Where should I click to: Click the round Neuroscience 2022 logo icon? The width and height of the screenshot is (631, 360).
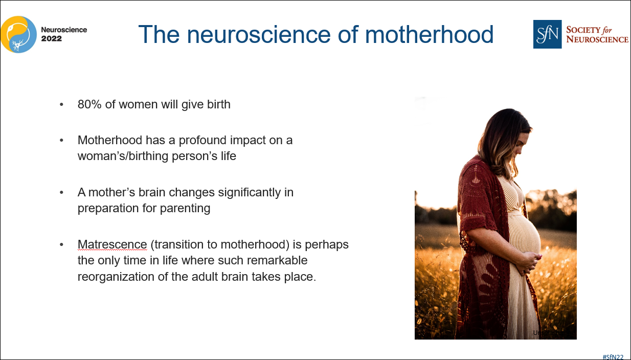tap(18, 34)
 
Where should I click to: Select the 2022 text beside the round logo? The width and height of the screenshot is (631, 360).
tap(51, 38)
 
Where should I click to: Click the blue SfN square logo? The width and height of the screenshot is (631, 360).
tap(547, 34)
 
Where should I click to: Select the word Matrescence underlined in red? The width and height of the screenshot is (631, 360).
tap(112, 245)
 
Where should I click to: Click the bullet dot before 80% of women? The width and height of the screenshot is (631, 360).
tap(61, 105)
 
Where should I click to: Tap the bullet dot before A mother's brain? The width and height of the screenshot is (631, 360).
tap(61, 193)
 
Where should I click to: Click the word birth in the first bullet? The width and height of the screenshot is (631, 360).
tap(218, 105)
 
